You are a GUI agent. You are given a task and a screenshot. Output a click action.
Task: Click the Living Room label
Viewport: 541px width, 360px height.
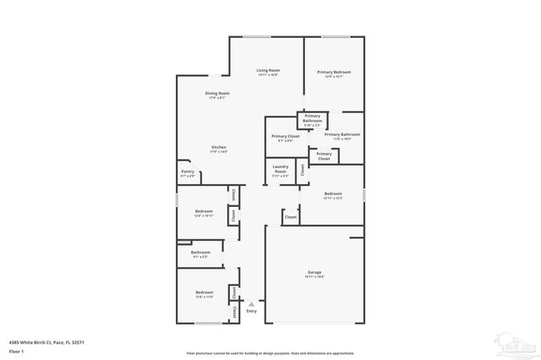pyautogui.click(x=268, y=69)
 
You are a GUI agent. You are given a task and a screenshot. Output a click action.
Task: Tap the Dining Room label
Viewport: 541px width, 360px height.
pyautogui.click(x=217, y=93)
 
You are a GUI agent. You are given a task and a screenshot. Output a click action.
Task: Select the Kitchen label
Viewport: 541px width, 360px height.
pyautogui.click(x=219, y=147)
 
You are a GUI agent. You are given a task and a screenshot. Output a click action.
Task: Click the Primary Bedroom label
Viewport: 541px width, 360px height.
pyautogui.click(x=334, y=72)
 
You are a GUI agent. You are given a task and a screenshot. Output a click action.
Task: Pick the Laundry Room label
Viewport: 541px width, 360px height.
pyautogui.click(x=281, y=169)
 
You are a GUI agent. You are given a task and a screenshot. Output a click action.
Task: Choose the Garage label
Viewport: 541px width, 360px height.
pyautogui.click(x=314, y=272)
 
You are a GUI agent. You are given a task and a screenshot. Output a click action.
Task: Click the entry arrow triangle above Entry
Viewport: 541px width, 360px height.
pyautogui.click(x=251, y=303)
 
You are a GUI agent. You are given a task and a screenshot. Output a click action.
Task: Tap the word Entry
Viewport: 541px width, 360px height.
pyautogui.click(x=251, y=311)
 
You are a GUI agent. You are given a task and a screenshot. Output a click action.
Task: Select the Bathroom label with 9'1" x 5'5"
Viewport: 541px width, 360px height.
pyautogui.click(x=200, y=252)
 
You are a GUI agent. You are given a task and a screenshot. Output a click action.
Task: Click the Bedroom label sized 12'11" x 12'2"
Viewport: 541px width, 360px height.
pyautogui.click(x=333, y=194)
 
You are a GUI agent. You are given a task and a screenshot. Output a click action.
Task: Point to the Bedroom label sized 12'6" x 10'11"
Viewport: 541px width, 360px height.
pyautogui.click(x=204, y=210)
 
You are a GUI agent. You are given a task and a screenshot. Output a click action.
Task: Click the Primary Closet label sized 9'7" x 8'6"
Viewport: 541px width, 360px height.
pyautogui.click(x=286, y=136)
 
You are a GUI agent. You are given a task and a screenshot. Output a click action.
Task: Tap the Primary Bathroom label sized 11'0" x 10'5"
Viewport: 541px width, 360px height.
pyautogui.click(x=342, y=134)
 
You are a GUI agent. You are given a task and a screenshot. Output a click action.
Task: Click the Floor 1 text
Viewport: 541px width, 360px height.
pyautogui.click(x=16, y=350)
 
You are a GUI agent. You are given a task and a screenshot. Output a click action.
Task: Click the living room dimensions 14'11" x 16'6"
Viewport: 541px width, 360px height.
pyautogui.click(x=268, y=75)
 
